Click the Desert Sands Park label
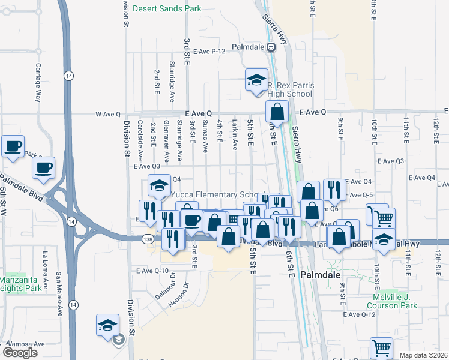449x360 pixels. pos(167,8)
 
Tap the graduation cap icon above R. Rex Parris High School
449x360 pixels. pos(256,80)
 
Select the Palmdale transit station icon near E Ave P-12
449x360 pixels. pos(271,46)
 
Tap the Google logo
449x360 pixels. pos(20,353)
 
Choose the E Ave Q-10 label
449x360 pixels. pos(152,271)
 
